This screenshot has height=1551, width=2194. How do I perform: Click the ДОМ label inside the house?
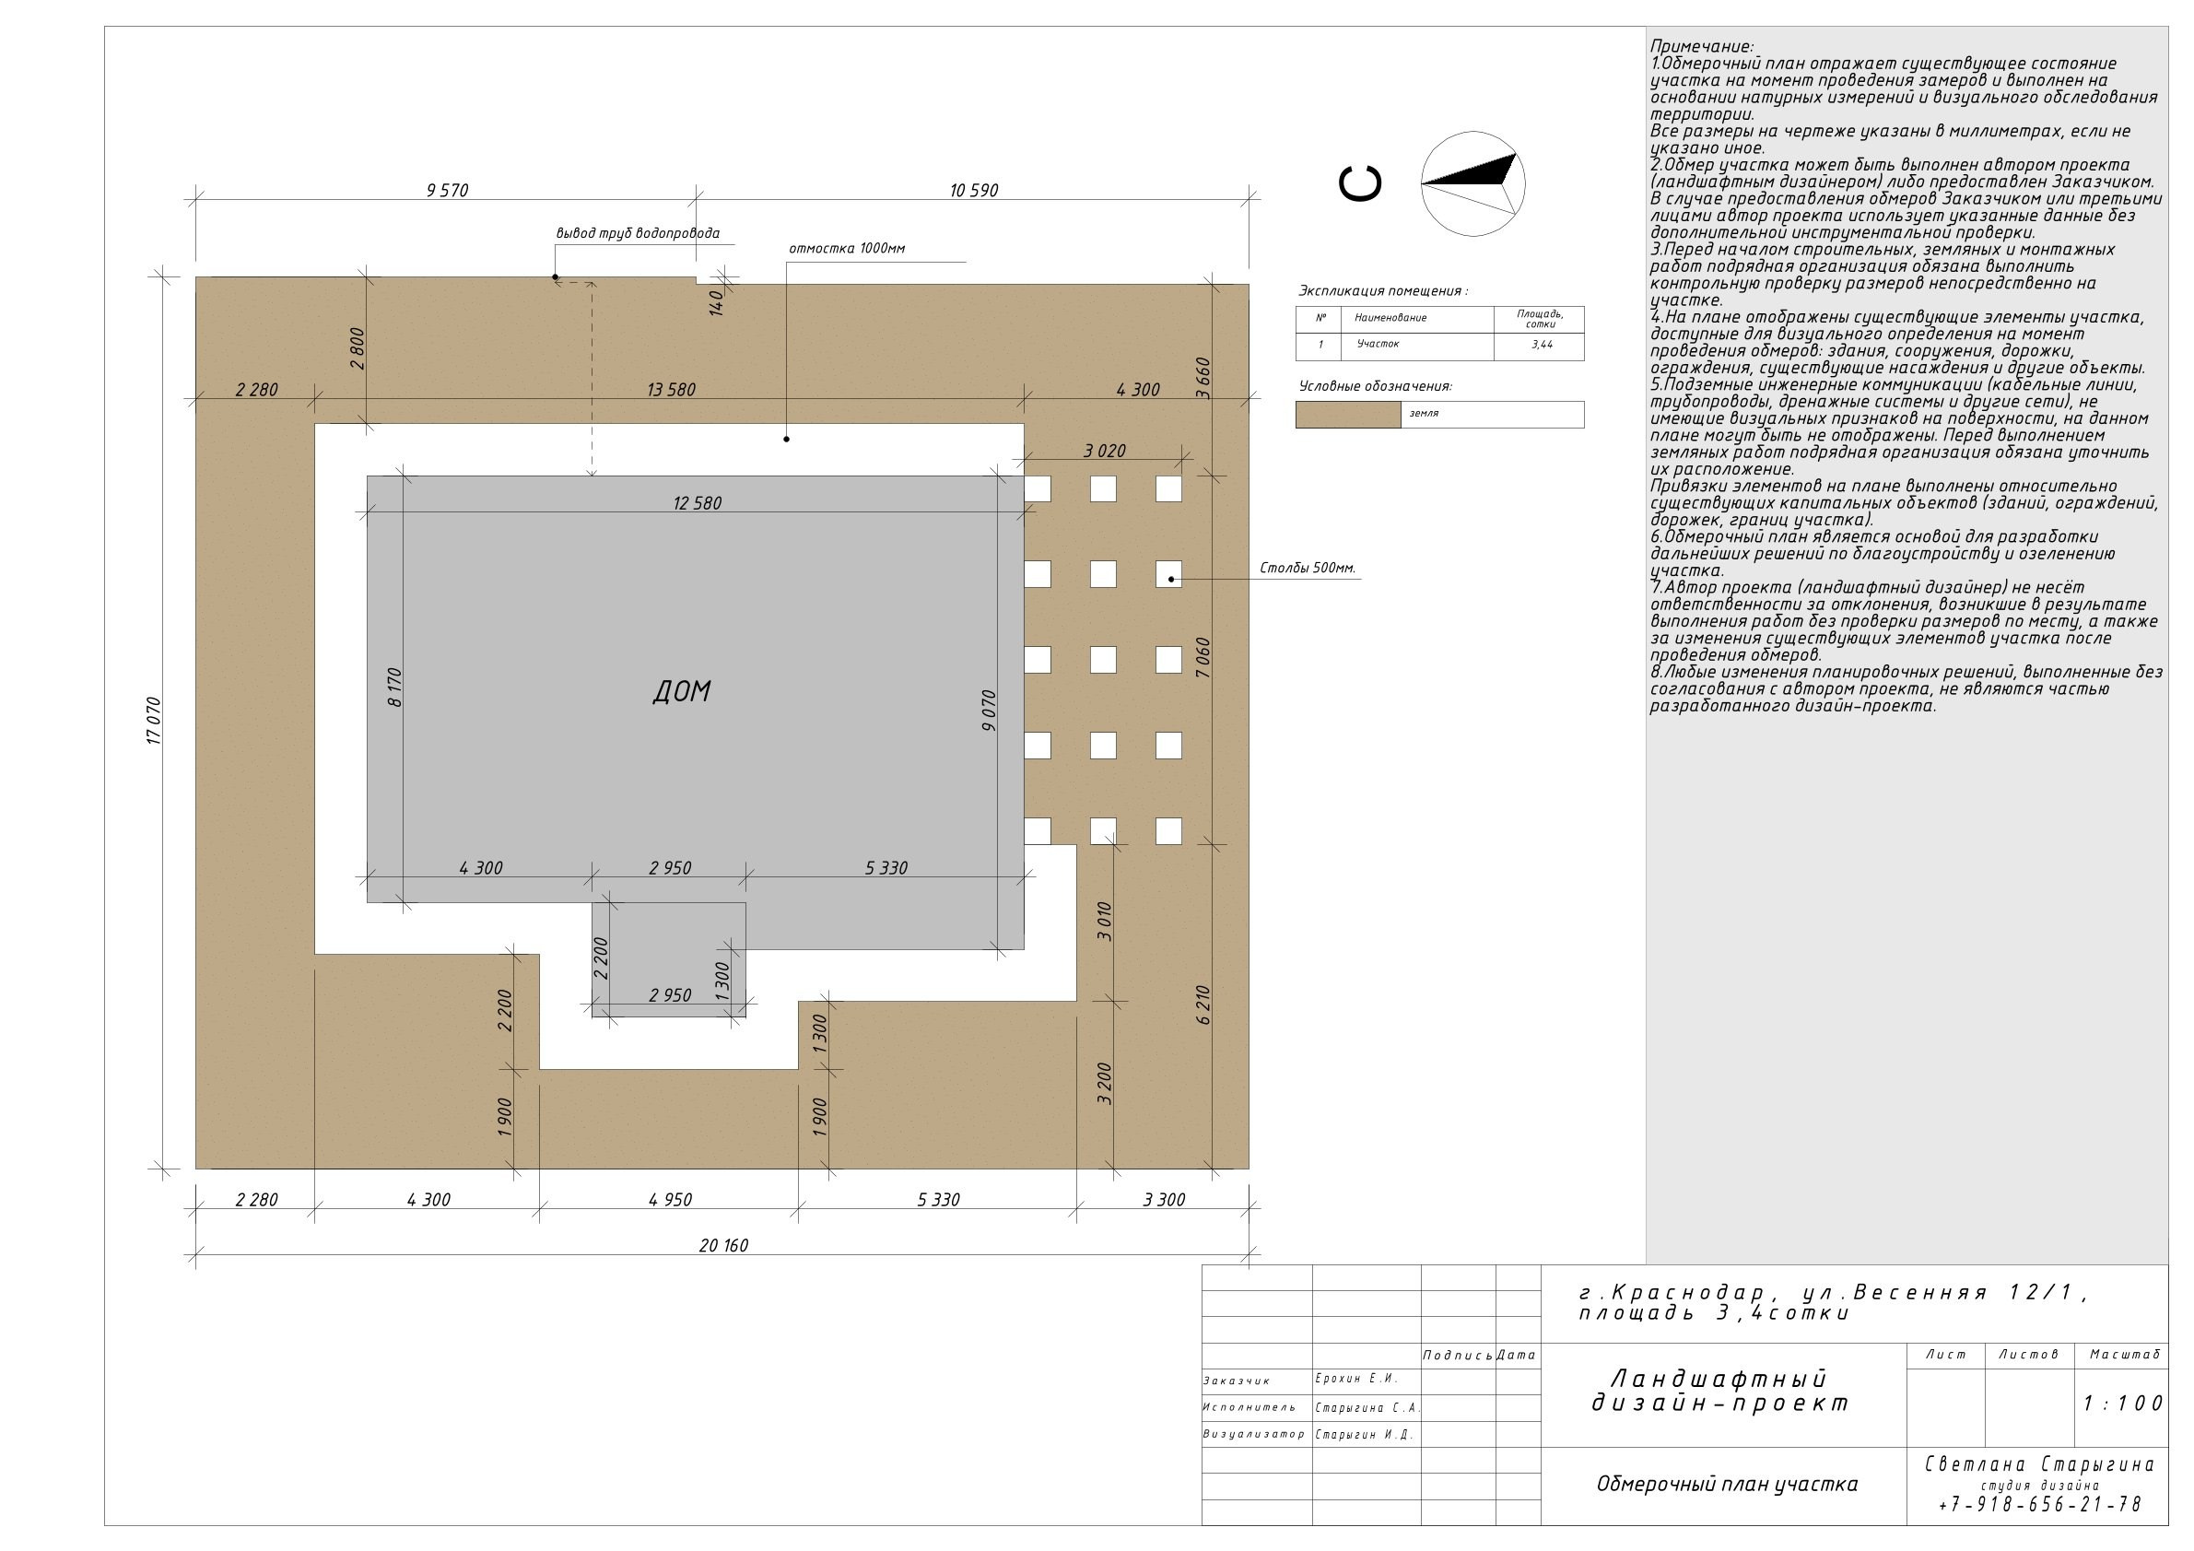tap(682, 691)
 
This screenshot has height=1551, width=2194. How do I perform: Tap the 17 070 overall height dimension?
tap(154, 722)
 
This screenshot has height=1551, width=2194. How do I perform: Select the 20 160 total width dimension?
tap(723, 1245)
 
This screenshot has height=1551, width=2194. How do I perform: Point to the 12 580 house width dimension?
tap(698, 503)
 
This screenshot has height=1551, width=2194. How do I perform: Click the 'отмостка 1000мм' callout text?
tap(847, 249)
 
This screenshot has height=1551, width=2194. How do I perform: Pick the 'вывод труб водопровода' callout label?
tap(638, 233)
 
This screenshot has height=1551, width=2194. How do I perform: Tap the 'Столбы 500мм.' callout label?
tap(1308, 569)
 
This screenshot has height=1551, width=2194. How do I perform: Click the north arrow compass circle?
tap(1472, 183)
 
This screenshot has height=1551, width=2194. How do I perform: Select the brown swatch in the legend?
tap(1348, 415)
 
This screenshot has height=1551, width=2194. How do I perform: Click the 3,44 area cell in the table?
tap(1542, 344)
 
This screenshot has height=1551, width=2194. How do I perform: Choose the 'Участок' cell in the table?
tap(1378, 344)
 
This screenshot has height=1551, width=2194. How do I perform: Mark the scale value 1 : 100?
tap(2122, 1403)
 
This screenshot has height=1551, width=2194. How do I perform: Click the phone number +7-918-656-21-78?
tap(2039, 1504)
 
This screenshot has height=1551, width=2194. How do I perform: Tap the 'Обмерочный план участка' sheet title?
tap(1727, 1484)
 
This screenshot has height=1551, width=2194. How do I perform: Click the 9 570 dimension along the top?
tap(447, 190)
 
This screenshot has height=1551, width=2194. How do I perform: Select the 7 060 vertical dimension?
tap(1203, 658)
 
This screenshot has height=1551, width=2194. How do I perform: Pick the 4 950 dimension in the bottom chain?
tap(670, 1200)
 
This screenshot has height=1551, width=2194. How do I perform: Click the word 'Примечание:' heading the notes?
tap(1702, 46)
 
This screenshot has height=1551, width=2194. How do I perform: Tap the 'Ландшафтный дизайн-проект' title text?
tap(1720, 1392)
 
